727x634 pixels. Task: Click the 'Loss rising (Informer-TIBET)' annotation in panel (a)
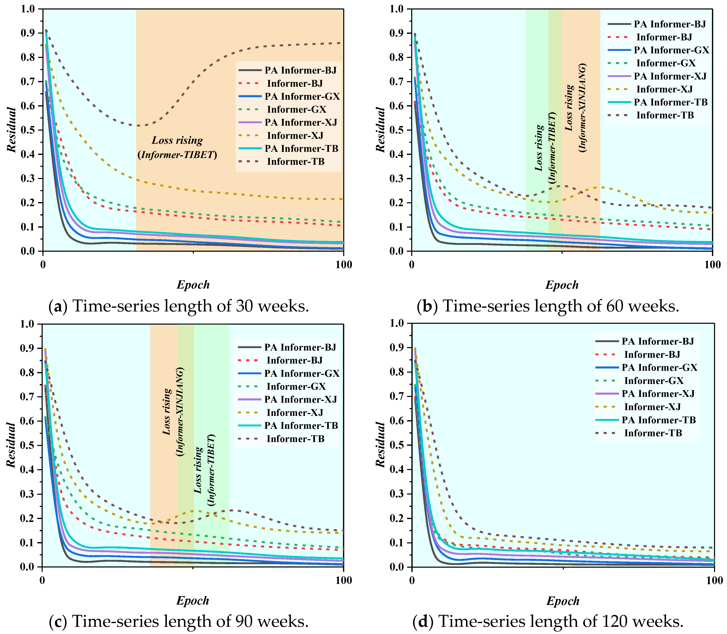click(177, 147)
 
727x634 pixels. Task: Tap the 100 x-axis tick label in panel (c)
click(343, 580)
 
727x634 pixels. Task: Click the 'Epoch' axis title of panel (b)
click(562, 285)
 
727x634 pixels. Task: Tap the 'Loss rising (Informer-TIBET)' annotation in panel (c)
click(205, 470)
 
